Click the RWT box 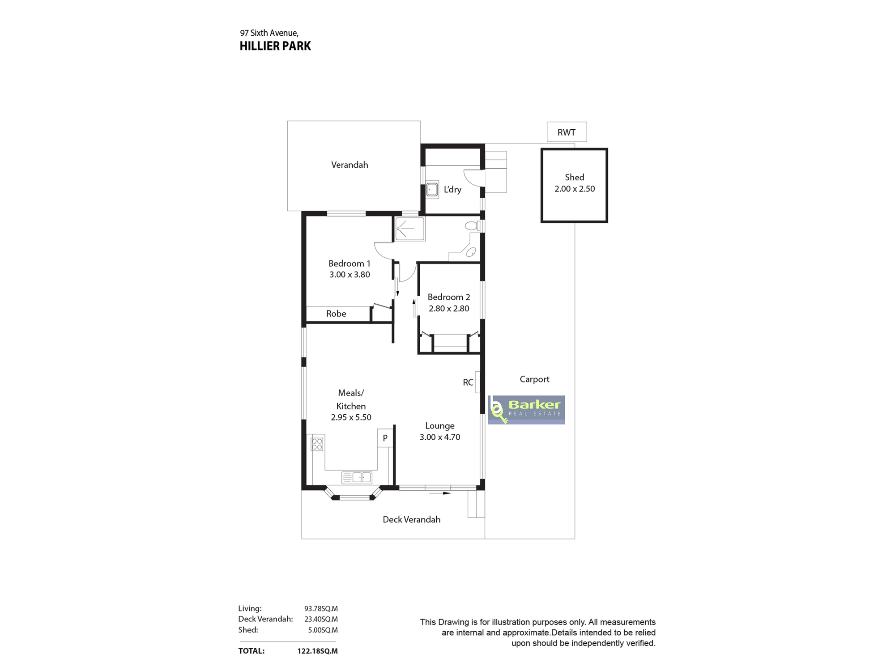point(567,132)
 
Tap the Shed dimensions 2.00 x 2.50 point(575,189)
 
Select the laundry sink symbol point(432,190)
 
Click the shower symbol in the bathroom point(409,229)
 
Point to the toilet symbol point(472,225)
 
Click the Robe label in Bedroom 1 point(336,314)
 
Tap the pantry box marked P point(385,438)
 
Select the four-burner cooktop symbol point(317,444)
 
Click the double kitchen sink point(357,477)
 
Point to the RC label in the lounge point(468,382)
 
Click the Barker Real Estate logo point(526,410)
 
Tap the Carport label point(534,379)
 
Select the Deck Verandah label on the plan point(411,519)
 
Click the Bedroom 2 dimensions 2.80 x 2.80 point(449,308)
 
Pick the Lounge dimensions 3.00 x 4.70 point(439,437)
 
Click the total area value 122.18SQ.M point(317,651)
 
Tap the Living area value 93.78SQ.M point(321,608)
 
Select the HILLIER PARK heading point(275,46)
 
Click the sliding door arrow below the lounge point(439,493)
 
